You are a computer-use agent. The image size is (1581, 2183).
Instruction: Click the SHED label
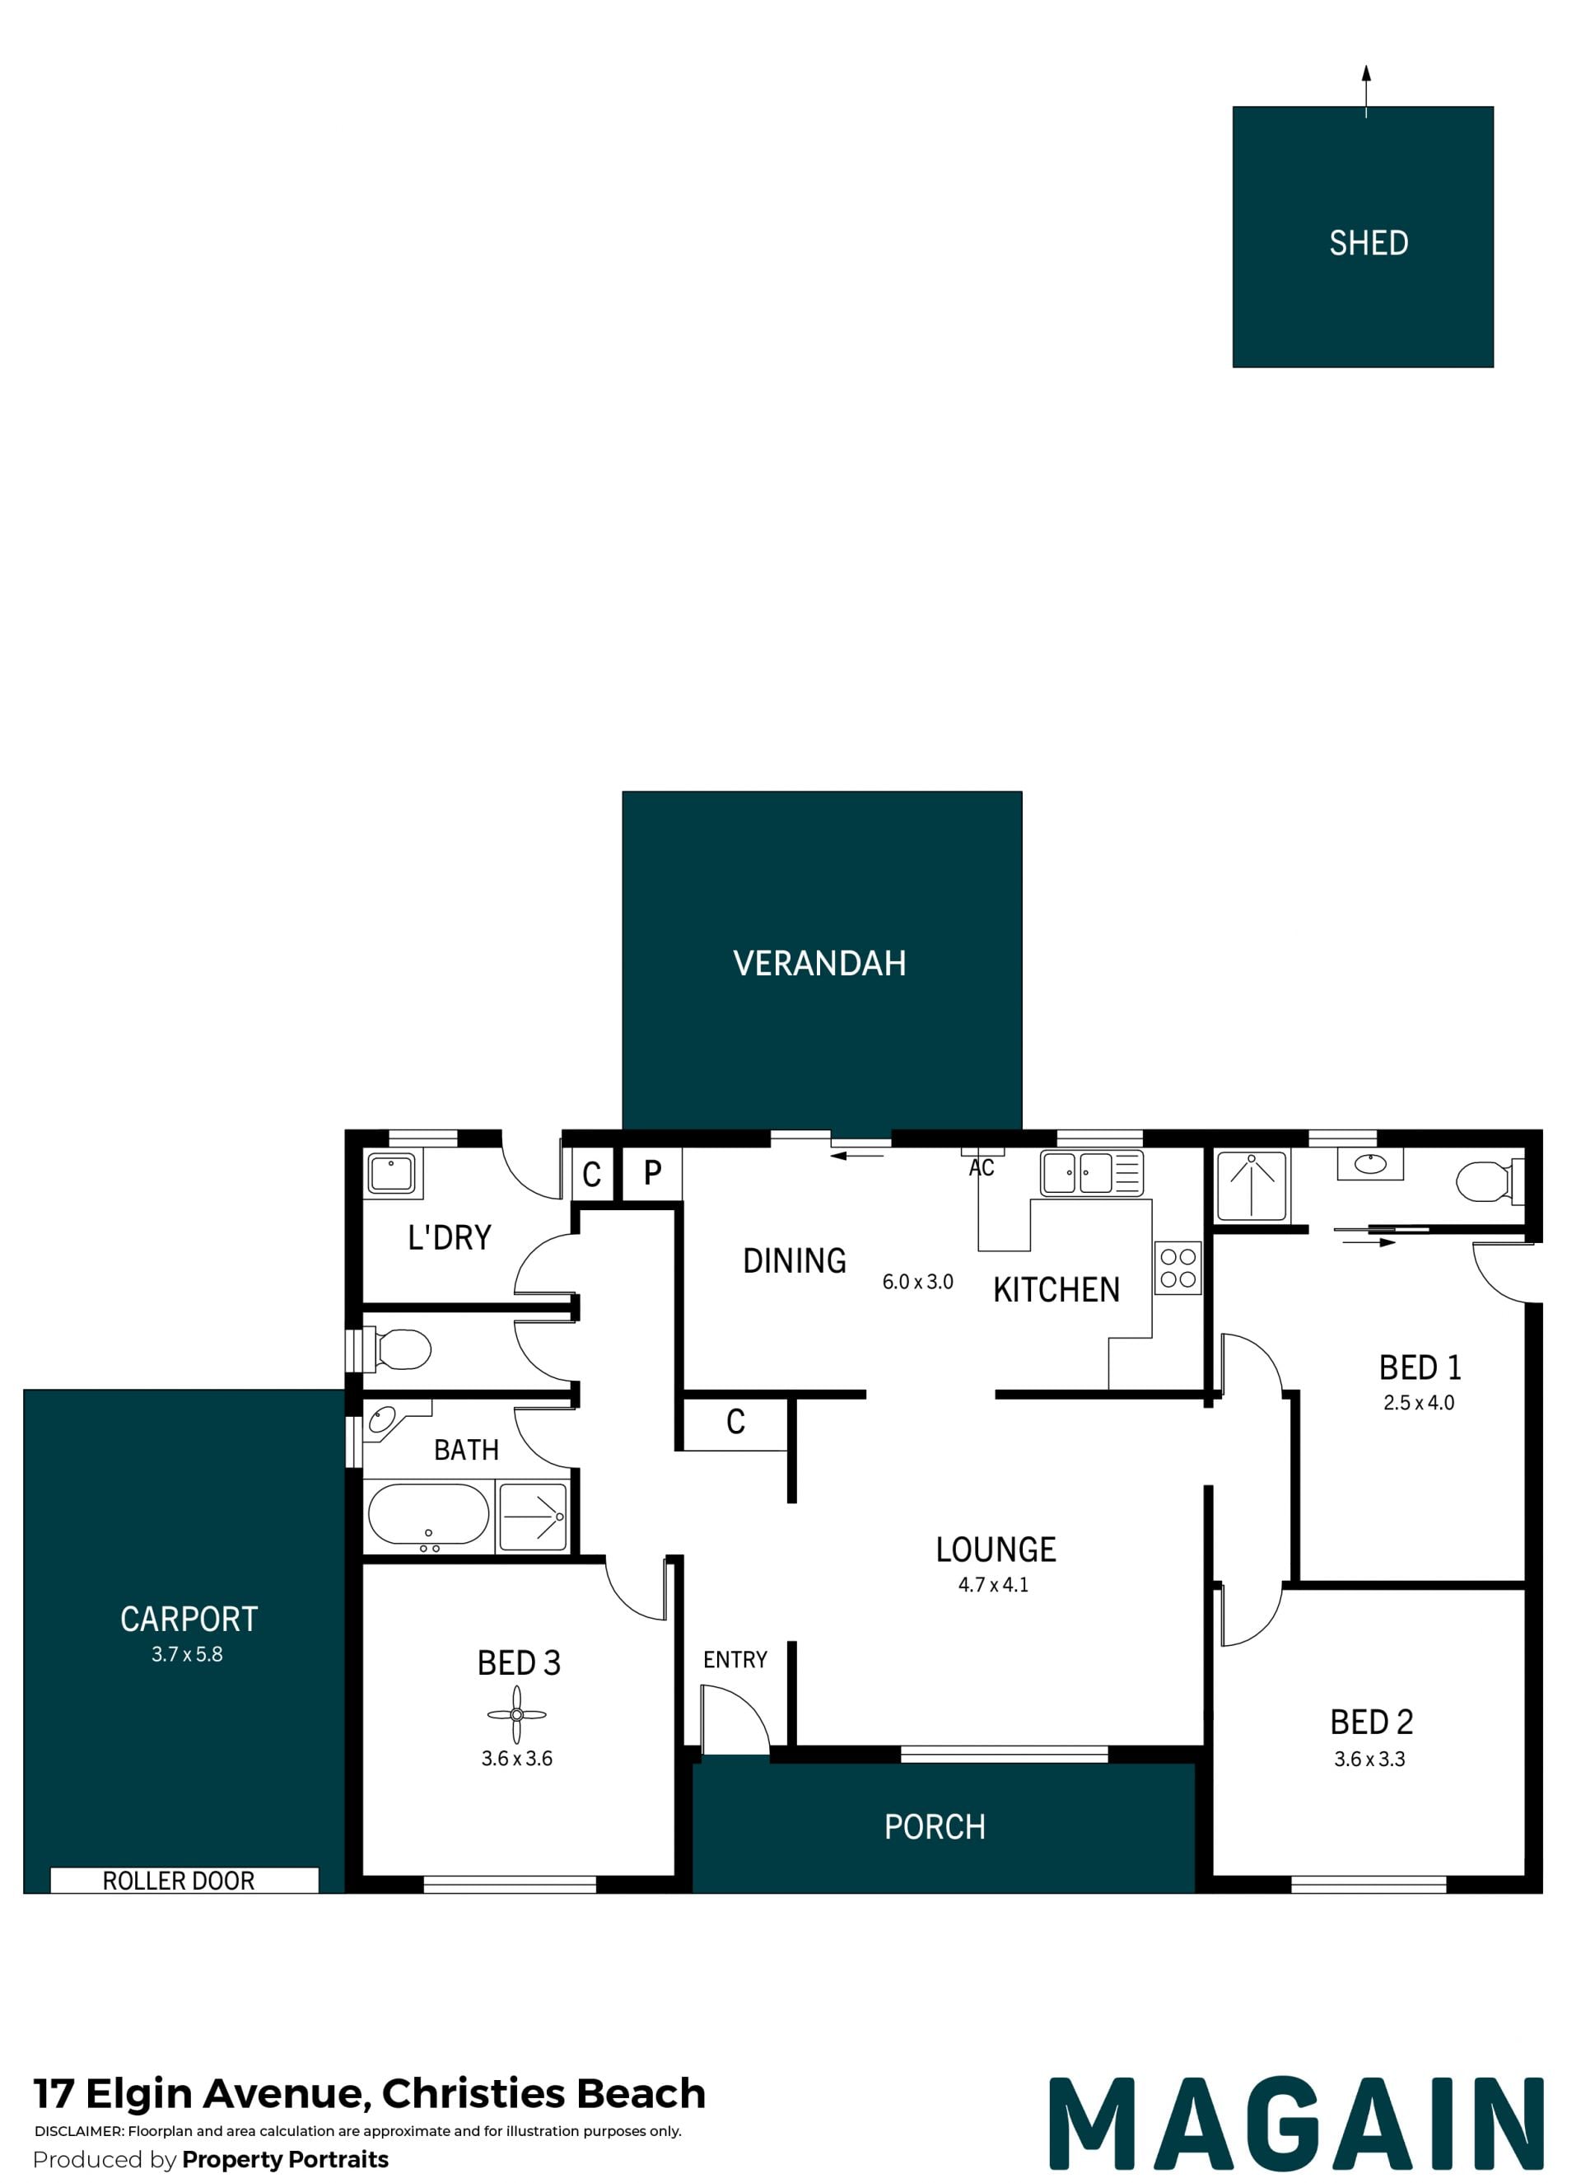1369,242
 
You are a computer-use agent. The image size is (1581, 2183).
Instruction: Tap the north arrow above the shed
1365,91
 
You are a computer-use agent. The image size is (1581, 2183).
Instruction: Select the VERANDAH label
820,964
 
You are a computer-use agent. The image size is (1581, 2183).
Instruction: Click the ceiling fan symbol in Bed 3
517,1714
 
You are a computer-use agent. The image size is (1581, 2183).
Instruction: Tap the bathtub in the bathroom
429,1517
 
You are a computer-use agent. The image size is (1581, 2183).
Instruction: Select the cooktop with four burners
1178,1268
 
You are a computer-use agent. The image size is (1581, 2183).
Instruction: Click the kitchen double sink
1091,1173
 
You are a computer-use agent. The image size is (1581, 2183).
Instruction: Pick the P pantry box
652,1172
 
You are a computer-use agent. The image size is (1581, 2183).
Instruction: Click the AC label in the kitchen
982,1167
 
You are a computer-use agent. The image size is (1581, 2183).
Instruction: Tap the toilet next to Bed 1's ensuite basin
1490,1181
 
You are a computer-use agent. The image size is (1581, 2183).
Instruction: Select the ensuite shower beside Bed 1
1251,1186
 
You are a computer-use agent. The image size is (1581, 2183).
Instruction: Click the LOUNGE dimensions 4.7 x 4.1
993,1584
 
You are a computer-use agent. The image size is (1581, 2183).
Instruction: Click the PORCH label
935,1827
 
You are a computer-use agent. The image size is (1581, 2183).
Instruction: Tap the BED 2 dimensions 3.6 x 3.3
1369,1759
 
